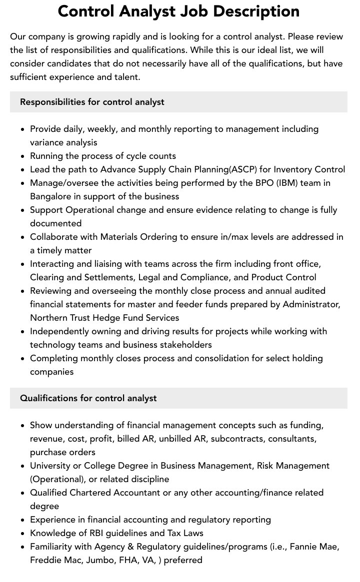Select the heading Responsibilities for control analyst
pos(92,102)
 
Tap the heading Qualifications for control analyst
pos(88,398)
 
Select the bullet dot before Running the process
pos(23,156)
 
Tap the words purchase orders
pos(62,452)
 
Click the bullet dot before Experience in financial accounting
pos(23,520)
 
